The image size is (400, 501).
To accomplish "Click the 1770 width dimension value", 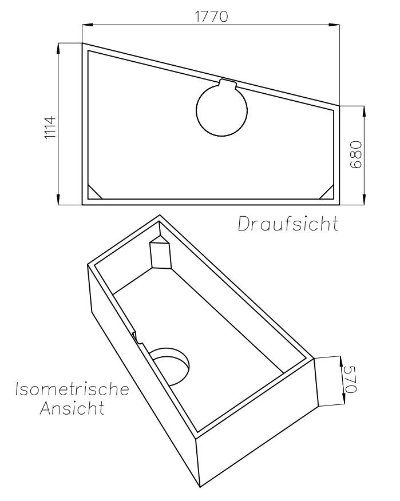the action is (212, 17).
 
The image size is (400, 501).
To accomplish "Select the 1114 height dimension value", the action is (50, 128).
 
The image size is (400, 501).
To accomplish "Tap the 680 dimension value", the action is (355, 154).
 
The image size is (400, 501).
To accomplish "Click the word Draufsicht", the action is (288, 224).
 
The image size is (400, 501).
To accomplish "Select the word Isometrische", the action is (72, 389).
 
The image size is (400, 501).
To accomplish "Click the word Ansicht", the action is (72, 408).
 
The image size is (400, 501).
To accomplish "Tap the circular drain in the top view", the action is (221, 110).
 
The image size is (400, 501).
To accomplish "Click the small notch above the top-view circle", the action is (228, 83).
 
